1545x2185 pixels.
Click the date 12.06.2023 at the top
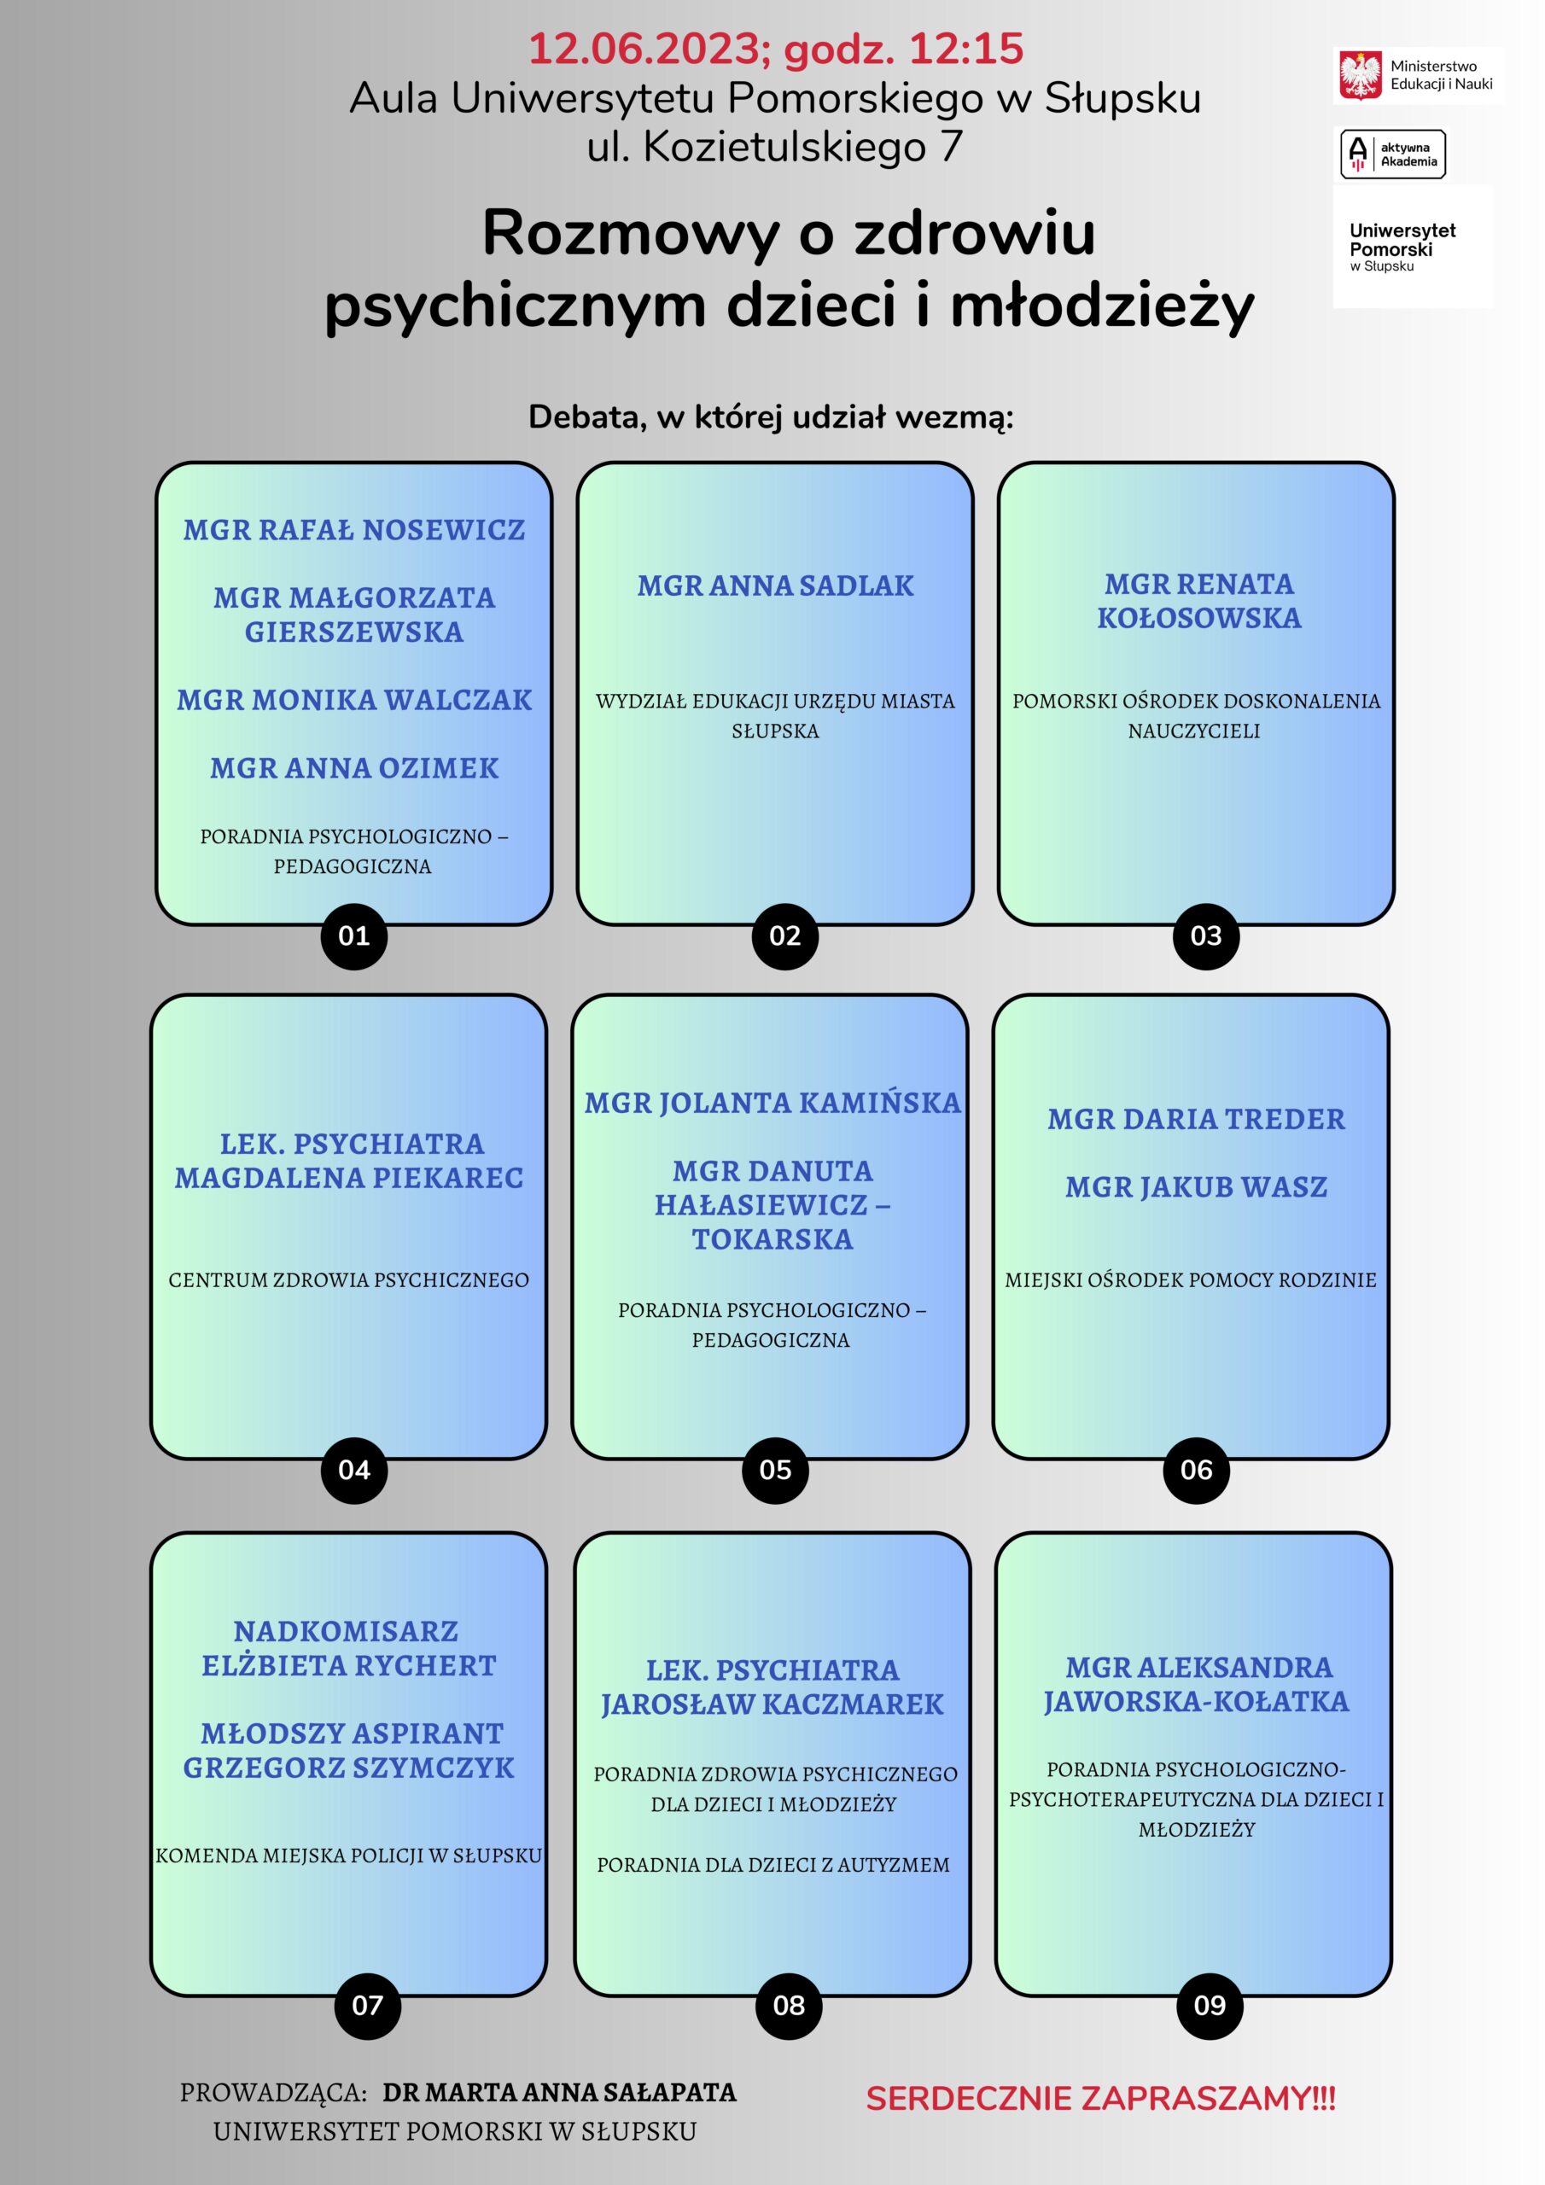click(x=650, y=50)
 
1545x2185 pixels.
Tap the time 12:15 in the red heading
click(x=966, y=49)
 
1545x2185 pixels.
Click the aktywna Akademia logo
click(x=1393, y=154)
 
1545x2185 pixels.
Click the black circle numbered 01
click(x=354, y=935)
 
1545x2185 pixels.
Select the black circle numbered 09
click(x=1209, y=2005)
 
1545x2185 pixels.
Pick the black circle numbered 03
click(x=1206, y=935)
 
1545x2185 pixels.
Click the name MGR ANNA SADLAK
click(x=775, y=586)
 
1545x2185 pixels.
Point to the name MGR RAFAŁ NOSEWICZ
click(x=354, y=529)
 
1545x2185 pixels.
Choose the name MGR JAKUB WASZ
click(x=1196, y=1186)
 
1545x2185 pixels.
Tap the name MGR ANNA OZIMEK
click(x=354, y=768)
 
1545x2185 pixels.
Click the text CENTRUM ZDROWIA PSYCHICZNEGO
click(x=348, y=1280)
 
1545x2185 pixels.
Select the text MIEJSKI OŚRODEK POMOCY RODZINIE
click(x=1191, y=1280)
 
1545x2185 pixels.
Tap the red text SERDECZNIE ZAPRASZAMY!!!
click(x=1100, y=2099)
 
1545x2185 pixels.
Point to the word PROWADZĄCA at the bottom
click(x=273, y=2094)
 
